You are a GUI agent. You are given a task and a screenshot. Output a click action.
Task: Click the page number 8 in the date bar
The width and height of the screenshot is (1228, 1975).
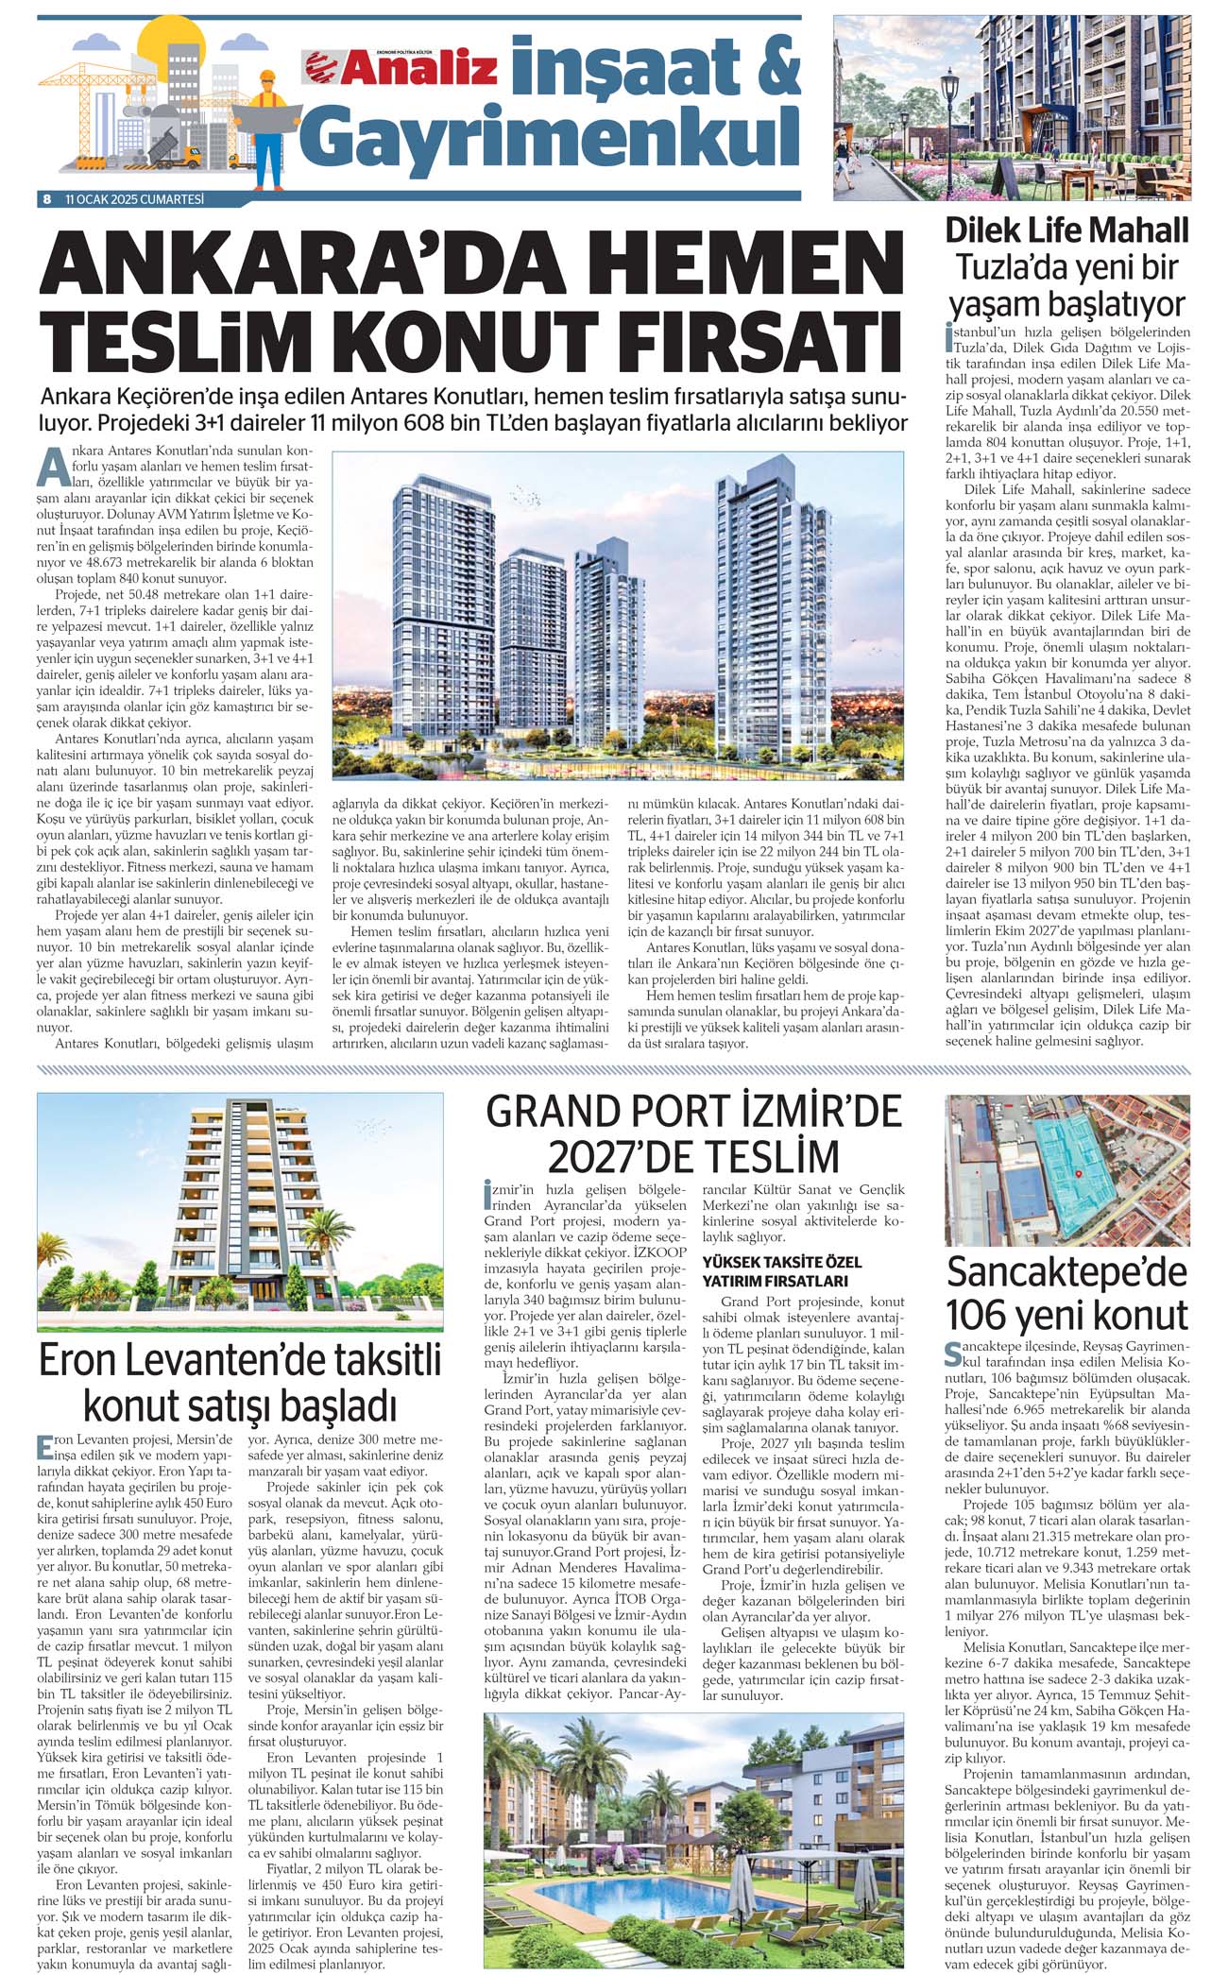coord(46,199)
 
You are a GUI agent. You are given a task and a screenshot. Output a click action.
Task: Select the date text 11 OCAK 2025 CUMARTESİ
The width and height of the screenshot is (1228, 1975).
coord(134,199)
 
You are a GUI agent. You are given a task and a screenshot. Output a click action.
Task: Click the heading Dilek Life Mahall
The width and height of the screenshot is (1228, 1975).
coord(1067,230)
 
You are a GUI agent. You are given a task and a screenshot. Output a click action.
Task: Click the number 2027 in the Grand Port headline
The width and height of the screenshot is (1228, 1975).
coord(605,1156)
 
